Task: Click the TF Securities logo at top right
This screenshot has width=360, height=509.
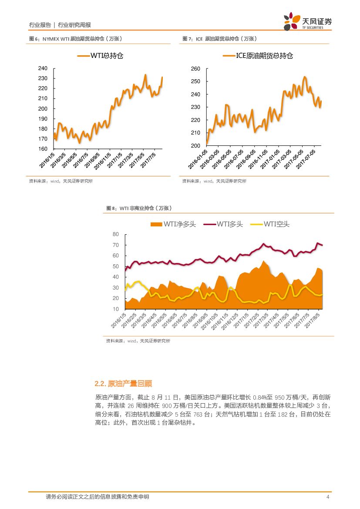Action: click(307, 21)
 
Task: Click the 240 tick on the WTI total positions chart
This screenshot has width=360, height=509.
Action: click(42, 68)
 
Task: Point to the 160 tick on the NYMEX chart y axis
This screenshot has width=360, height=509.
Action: click(42, 149)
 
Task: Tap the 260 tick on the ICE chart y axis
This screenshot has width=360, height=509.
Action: click(195, 69)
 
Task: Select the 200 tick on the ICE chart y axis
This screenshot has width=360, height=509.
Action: click(195, 145)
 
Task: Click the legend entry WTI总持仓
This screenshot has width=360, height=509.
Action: click(101, 56)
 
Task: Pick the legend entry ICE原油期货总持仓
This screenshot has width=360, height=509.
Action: click(258, 56)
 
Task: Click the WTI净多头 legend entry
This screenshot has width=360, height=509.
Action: click(173, 224)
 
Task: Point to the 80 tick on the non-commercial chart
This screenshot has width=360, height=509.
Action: click(115, 234)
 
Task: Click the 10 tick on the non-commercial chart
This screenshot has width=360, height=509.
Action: click(115, 309)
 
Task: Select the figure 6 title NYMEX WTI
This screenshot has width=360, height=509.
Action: click(75, 39)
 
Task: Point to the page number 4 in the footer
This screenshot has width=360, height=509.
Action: click(328, 497)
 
